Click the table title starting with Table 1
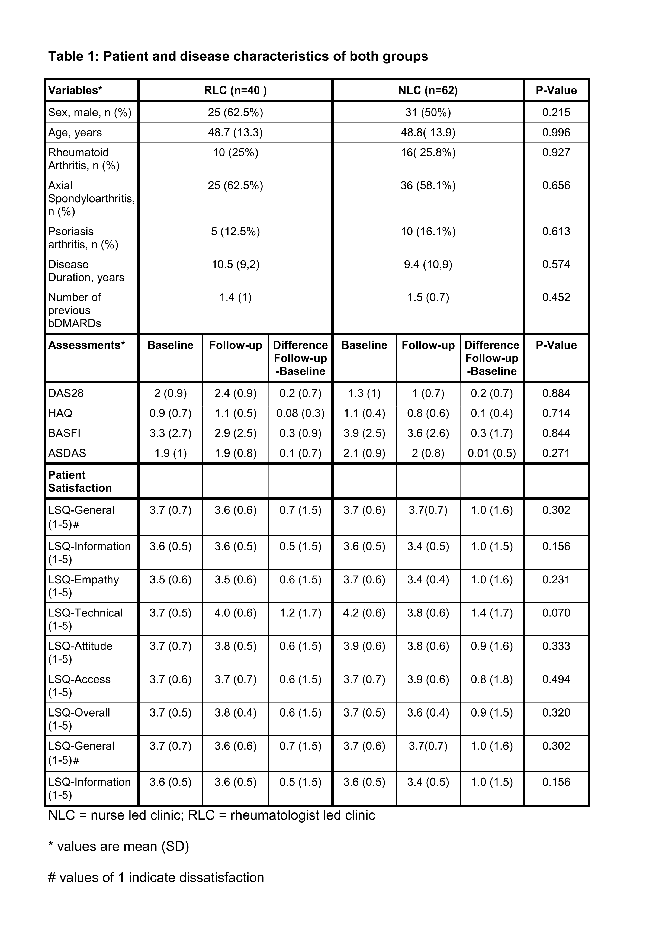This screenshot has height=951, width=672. pos(238,56)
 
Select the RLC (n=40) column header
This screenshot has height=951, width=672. pos(235,90)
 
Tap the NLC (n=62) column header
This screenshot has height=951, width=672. pos(428,90)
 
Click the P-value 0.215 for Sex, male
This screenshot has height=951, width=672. pos(556,112)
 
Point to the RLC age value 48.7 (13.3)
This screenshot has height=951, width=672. pos(235,133)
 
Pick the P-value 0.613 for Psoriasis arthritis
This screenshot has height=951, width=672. pos(556,232)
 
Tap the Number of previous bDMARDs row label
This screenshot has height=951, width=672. pos(75,310)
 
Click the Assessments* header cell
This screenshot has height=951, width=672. pos(86,345)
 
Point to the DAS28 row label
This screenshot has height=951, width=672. pos(66,393)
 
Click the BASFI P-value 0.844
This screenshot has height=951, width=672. pos(556,433)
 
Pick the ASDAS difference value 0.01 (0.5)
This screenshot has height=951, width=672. pos(491,453)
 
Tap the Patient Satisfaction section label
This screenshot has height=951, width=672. pos(80,481)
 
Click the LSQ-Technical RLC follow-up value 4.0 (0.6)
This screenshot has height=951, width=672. pos(235,613)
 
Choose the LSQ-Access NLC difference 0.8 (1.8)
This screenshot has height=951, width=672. pos(491,680)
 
